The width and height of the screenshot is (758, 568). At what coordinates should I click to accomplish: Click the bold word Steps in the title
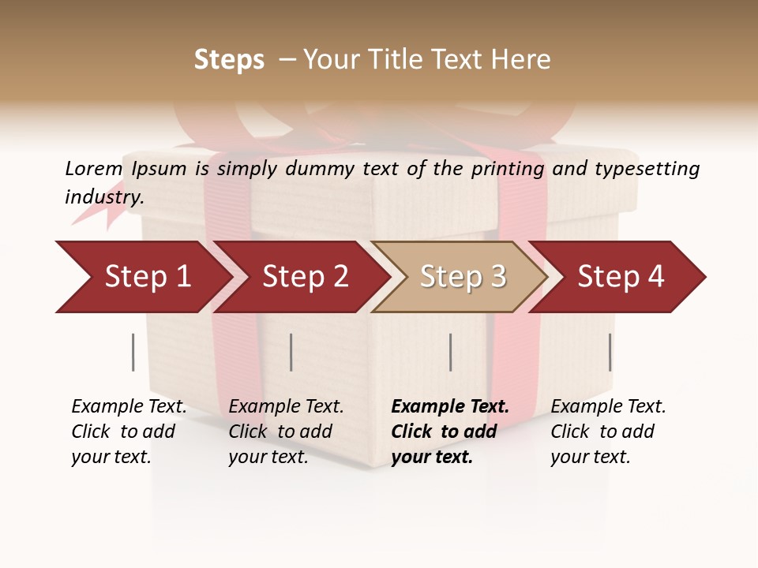[229, 60]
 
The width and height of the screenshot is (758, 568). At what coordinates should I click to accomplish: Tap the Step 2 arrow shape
[305, 277]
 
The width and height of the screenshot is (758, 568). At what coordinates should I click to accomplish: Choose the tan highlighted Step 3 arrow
[463, 277]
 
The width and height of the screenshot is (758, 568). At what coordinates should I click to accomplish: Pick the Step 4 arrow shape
[621, 277]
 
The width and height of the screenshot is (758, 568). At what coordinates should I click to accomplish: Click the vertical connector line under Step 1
[133, 352]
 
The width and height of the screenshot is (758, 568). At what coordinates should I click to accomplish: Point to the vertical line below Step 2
[291, 352]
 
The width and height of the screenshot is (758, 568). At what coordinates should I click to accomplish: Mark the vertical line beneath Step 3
[450, 352]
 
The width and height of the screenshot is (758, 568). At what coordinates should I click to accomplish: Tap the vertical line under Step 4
[610, 352]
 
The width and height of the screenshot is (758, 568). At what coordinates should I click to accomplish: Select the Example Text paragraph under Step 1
[128, 432]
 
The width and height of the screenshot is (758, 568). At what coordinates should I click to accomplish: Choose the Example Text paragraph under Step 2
[285, 432]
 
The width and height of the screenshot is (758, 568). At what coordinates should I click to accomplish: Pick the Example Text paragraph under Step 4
[607, 432]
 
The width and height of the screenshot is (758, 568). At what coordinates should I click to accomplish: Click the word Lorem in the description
[94, 169]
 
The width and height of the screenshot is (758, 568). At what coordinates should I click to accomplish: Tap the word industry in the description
[103, 197]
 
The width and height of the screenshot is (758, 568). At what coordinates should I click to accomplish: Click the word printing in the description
[506, 169]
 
